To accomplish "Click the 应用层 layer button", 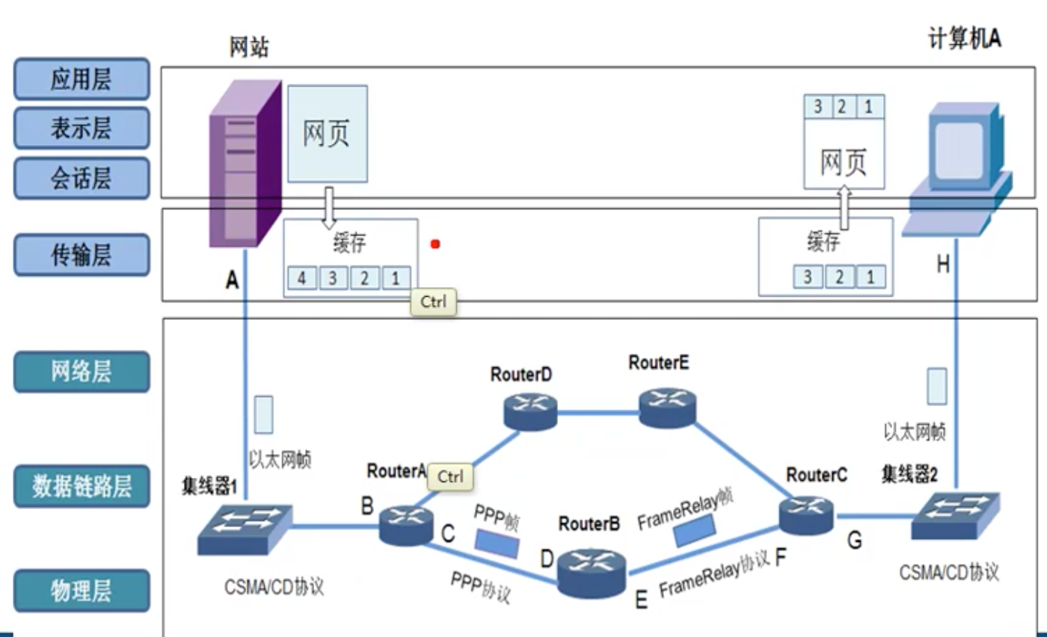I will [x=82, y=79].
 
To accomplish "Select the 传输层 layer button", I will [x=82, y=255].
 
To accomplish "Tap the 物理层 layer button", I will [x=82, y=591].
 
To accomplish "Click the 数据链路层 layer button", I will [x=82, y=486].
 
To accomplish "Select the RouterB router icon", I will [x=592, y=573].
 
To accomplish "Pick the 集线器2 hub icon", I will [x=955, y=515].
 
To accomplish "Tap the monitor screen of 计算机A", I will [x=957, y=146].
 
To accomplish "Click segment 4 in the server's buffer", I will [x=301, y=279].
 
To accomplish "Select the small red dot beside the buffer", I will [x=435, y=244].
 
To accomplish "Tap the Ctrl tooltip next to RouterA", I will [x=450, y=477].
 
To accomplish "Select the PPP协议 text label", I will [x=481, y=588].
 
